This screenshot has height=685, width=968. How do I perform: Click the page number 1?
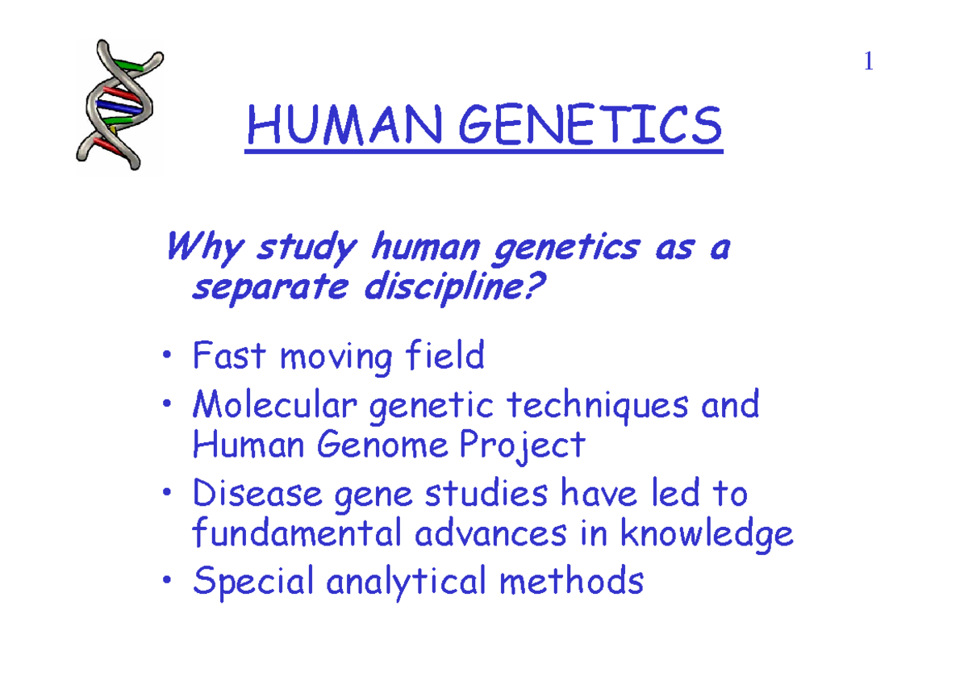pyautogui.click(x=868, y=62)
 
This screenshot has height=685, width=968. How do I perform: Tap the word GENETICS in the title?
pyautogui.click(x=587, y=127)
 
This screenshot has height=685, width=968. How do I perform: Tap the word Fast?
pyautogui.click(x=229, y=356)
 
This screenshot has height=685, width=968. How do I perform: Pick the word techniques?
pyautogui.click(x=597, y=404)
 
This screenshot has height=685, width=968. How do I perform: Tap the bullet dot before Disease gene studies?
pyautogui.click(x=166, y=494)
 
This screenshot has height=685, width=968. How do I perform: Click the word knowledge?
pyautogui.click(x=709, y=535)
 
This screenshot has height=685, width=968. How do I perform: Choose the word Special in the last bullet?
pyautogui.click(x=252, y=582)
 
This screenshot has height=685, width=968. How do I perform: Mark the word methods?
pyautogui.click(x=571, y=581)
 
